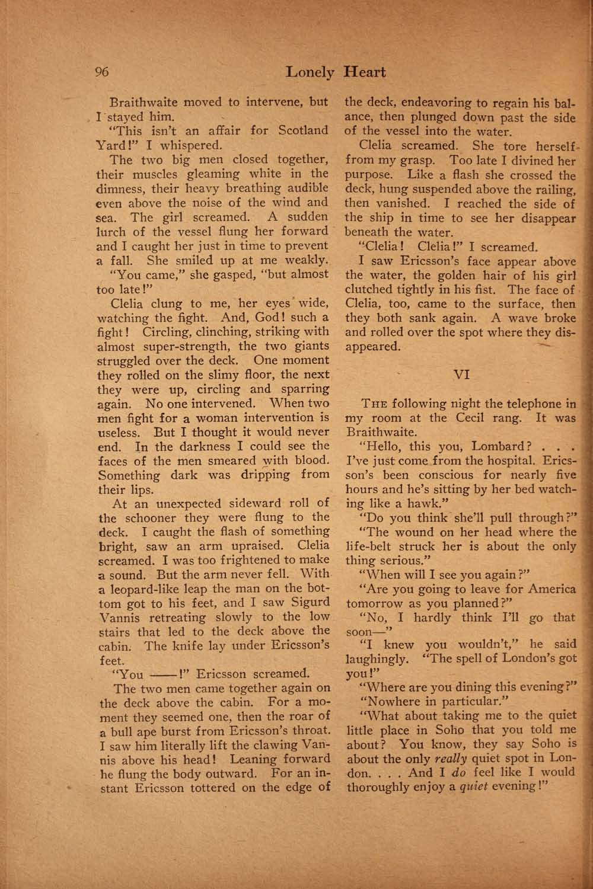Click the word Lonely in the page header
pos(310,72)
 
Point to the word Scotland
pos(302,130)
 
